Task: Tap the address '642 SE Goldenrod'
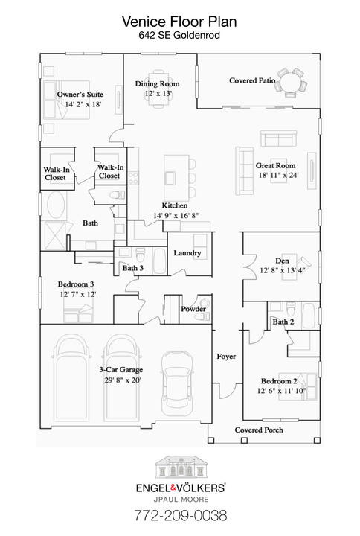tap(179, 34)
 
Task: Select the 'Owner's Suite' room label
tap(80, 95)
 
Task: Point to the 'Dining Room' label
tap(157, 84)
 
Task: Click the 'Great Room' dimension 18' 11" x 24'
tap(277, 176)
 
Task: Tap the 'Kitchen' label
tap(175, 205)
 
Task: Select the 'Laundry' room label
tap(187, 253)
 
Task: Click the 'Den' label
tap(282, 260)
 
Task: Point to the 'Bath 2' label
tap(283, 322)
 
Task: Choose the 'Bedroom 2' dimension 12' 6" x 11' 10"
tap(281, 391)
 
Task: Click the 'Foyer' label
tap(226, 357)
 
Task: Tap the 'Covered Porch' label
tap(259, 430)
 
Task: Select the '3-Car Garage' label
tap(120, 369)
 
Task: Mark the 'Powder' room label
tap(193, 308)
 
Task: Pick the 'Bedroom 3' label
tap(77, 284)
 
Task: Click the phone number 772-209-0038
tap(179, 514)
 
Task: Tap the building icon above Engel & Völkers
tap(179, 468)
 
